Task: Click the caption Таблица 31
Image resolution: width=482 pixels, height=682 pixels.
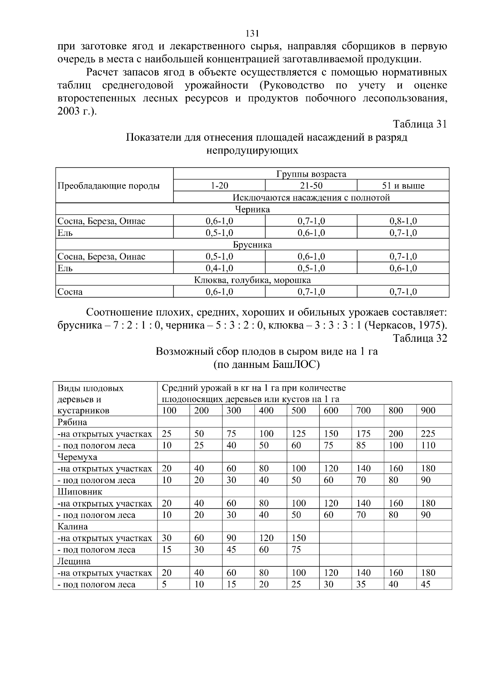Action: click(x=419, y=124)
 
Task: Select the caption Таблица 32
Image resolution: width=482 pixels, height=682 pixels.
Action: click(x=419, y=339)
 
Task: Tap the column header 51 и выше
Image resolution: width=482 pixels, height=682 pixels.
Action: click(x=403, y=186)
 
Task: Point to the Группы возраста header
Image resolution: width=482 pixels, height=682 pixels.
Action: click(x=311, y=174)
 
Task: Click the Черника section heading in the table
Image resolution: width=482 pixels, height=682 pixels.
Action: click(x=252, y=209)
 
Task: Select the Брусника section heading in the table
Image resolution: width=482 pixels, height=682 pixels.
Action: click(x=252, y=245)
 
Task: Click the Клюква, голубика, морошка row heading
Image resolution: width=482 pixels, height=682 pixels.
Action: click(x=252, y=280)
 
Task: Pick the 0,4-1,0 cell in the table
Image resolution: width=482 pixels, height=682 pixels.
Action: click(x=219, y=268)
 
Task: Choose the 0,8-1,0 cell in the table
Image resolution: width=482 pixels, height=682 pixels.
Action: click(x=403, y=221)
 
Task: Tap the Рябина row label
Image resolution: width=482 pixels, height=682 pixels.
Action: click(x=72, y=422)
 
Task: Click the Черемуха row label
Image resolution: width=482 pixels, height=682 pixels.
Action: click(x=77, y=457)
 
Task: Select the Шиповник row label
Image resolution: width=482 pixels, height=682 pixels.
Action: click(x=80, y=492)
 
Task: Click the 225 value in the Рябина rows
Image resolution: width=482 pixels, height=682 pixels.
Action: click(x=428, y=434)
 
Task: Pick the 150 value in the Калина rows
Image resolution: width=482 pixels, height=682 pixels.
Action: click(x=298, y=538)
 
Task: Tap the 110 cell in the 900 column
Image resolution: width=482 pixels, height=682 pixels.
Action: click(x=428, y=445)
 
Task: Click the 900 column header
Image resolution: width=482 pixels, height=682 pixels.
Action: click(x=428, y=410)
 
